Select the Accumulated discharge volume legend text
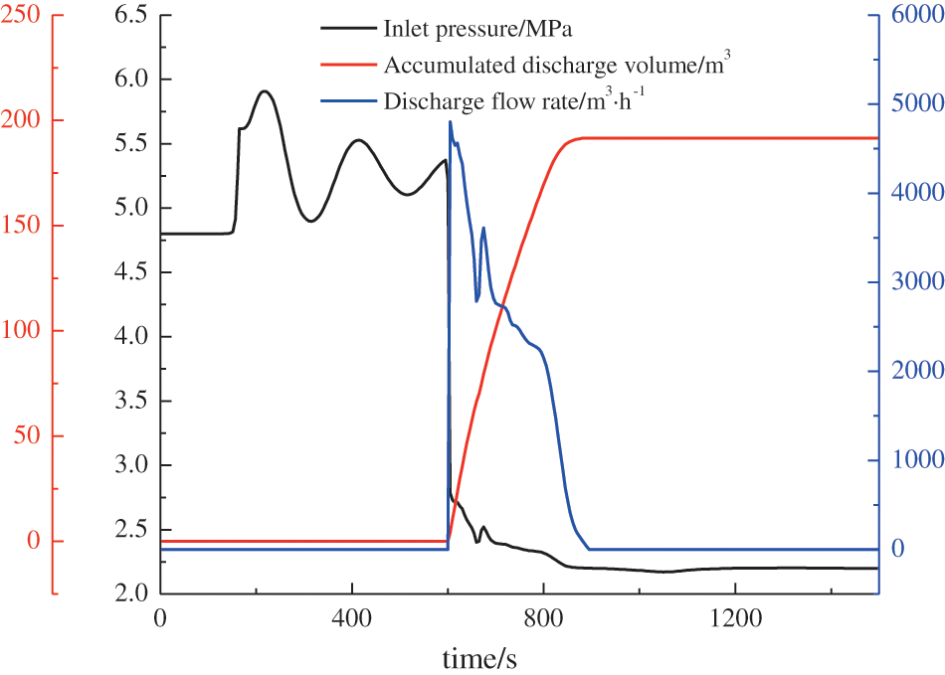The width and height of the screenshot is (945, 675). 558,67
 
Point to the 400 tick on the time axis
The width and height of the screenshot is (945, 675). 352,617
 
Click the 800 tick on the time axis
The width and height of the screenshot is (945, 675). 543,617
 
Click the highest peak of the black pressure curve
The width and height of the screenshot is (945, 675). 264,90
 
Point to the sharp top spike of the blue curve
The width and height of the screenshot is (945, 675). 451,121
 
